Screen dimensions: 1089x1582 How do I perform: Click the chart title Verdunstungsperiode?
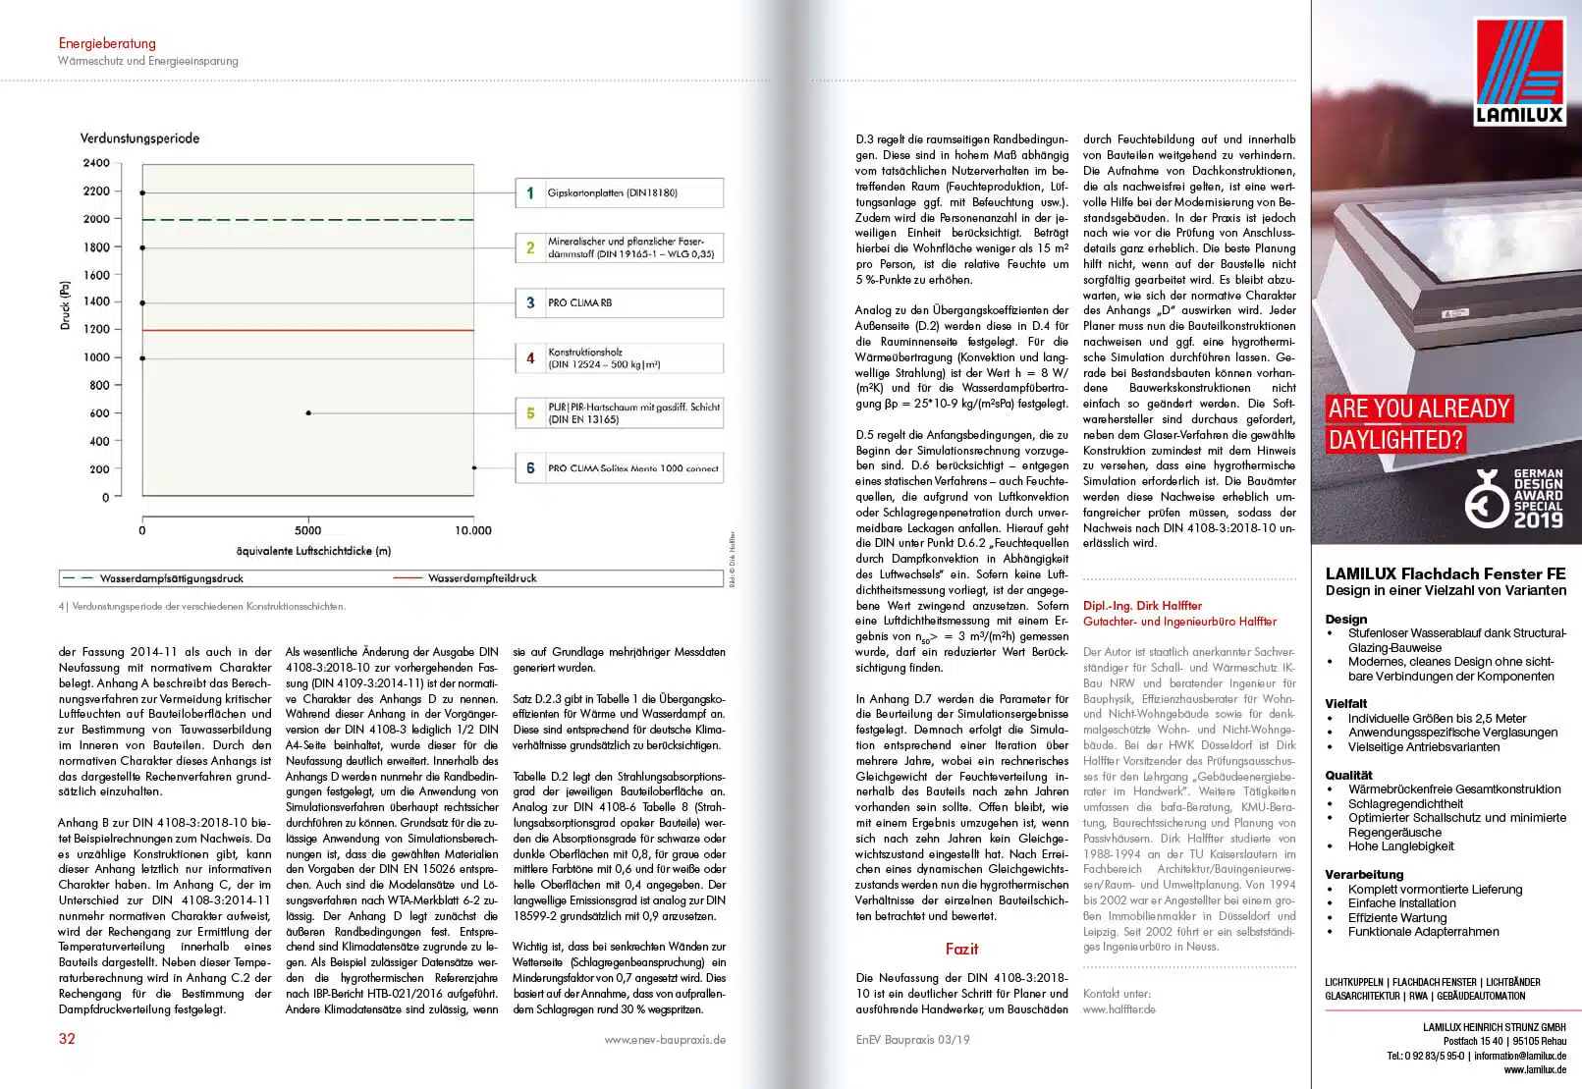point(139,138)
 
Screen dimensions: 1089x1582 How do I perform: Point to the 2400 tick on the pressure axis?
point(96,163)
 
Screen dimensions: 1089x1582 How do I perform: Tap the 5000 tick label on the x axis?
point(307,530)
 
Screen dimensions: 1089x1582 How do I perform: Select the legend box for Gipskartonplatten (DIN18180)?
point(620,192)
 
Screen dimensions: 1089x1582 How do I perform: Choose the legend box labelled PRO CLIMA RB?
point(620,302)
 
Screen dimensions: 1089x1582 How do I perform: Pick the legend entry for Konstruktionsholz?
point(620,358)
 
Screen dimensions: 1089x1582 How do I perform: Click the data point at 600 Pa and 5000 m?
point(308,413)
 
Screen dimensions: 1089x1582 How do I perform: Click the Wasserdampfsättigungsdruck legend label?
point(171,578)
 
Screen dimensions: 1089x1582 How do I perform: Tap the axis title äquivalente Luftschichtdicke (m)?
point(313,551)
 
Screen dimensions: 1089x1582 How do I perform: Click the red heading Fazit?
point(961,949)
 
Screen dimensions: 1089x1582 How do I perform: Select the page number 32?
point(67,1039)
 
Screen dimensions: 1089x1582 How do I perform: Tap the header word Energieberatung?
point(107,43)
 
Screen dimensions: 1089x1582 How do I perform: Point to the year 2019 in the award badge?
point(1538,520)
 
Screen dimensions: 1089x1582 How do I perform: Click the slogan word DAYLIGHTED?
point(1394,440)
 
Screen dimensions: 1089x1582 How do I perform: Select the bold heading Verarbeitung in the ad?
point(1364,875)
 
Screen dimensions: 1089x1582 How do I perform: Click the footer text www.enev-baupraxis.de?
point(665,1039)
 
